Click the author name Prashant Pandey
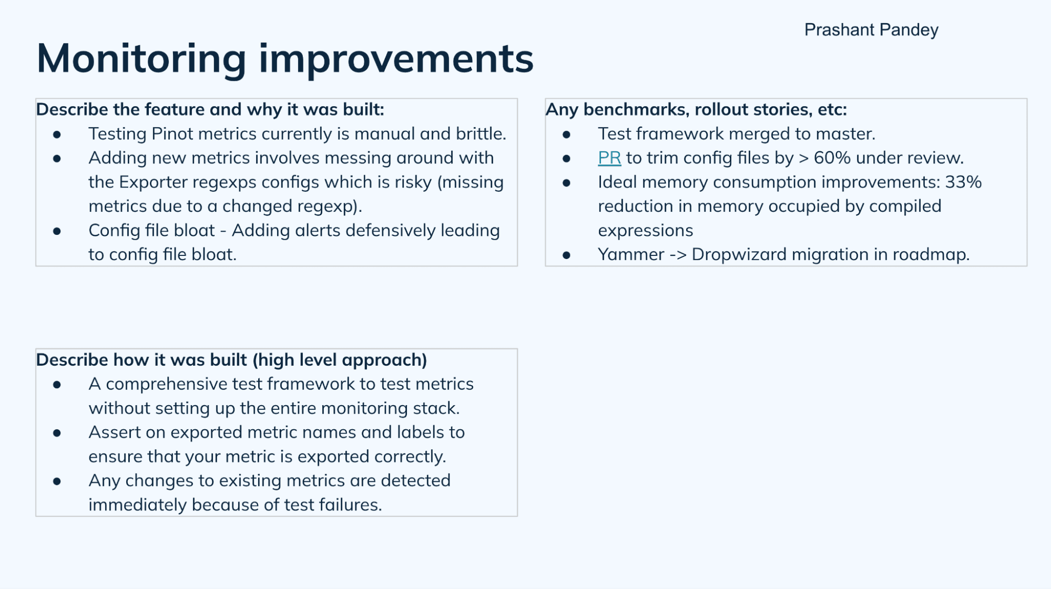coord(871,30)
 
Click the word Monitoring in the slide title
coord(141,58)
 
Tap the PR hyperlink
coord(609,158)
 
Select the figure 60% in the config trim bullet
coord(832,158)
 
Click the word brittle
coord(480,133)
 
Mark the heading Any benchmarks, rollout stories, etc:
coord(696,109)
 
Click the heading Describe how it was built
coord(231,360)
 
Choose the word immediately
coord(137,505)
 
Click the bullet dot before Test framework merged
coord(566,135)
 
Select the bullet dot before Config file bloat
coord(57,231)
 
